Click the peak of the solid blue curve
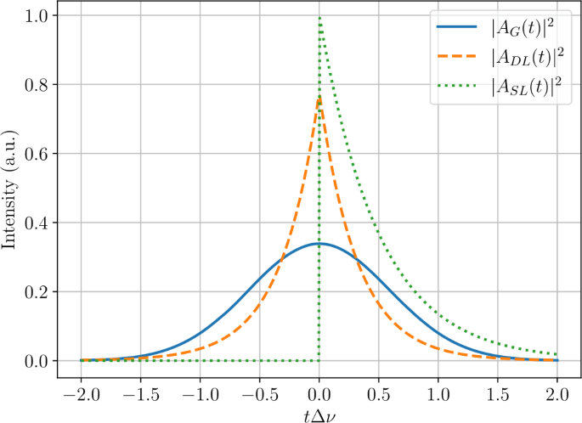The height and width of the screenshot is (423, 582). pos(319,243)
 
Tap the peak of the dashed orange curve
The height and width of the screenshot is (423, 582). pos(319,97)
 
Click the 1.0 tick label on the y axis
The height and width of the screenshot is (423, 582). pos(37,16)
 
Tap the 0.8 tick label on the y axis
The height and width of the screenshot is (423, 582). pos(37,85)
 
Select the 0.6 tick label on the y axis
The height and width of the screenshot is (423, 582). pos(37,154)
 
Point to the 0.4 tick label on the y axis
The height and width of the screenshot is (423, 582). pos(37,223)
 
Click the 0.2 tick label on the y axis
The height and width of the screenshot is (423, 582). pos(37,291)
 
